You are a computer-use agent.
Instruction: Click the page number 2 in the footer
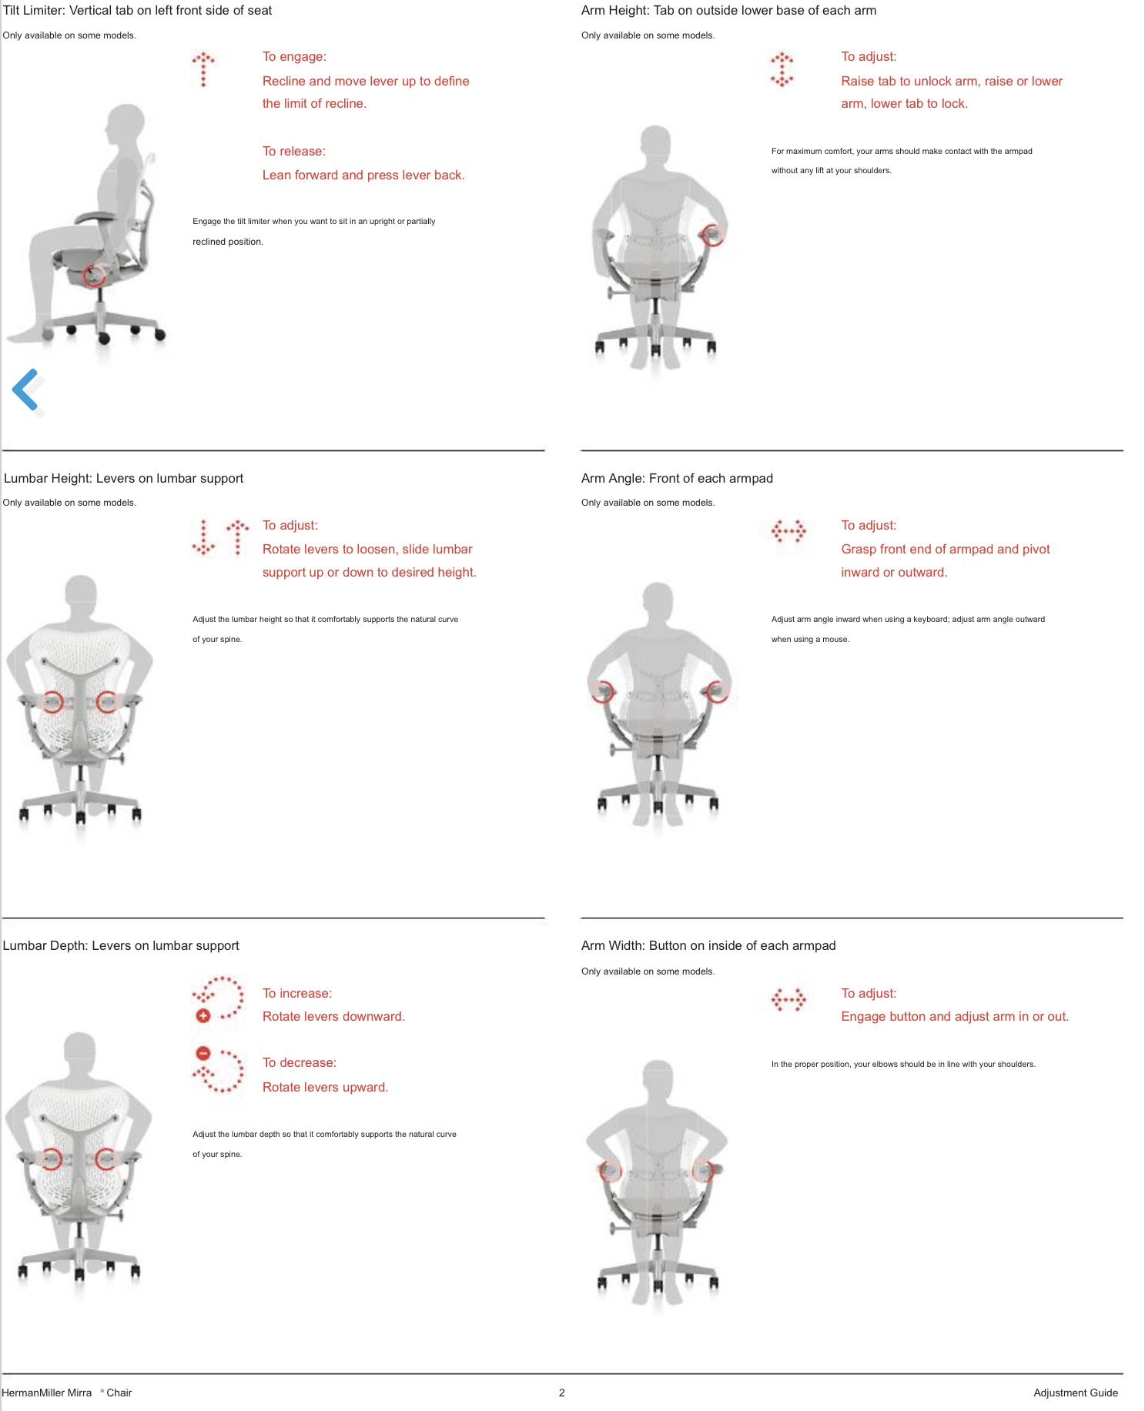click(x=562, y=1393)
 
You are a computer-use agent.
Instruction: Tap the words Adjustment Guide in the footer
click(x=1076, y=1393)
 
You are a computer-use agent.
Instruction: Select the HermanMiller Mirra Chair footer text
click(x=66, y=1393)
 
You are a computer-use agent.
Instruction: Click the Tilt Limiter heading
click(x=137, y=11)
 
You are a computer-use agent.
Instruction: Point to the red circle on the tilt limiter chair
click(x=94, y=274)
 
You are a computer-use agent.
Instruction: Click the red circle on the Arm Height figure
click(x=714, y=234)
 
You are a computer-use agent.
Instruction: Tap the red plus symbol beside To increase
click(x=203, y=1016)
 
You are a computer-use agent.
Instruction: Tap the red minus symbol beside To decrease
click(x=203, y=1053)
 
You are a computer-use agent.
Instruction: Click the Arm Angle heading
click(x=677, y=478)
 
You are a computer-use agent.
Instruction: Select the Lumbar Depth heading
click(x=121, y=945)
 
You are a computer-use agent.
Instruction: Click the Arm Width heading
click(x=708, y=945)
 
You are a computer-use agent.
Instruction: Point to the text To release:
click(x=294, y=151)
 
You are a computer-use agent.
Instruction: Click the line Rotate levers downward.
click(x=333, y=1016)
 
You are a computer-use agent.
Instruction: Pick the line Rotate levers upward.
click(x=325, y=1087)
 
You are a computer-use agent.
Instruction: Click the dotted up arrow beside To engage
click(x=203, y=69)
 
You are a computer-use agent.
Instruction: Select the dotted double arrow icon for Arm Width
click(x=788, y=1000)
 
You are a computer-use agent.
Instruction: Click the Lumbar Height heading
click(x=123, y=478)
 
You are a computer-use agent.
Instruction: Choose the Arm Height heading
click(x=728, y=11)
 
